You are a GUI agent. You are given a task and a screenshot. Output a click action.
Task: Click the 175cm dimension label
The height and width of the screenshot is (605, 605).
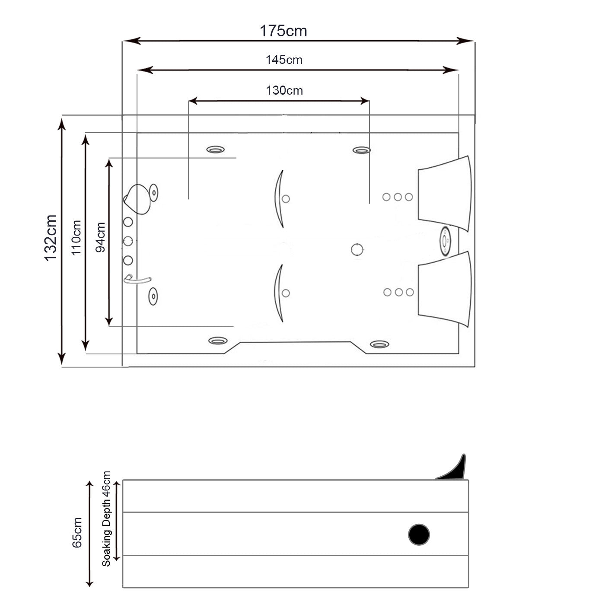tap(283, 31)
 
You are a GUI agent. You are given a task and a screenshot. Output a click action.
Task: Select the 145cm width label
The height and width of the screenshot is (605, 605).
tap(284, 60)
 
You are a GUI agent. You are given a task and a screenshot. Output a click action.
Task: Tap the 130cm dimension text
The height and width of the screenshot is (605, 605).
tap(284, 90)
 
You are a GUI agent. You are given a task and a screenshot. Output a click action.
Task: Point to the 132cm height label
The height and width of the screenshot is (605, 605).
tap(51, 237)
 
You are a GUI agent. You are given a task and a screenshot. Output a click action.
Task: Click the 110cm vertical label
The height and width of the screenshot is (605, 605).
tap(76, 237)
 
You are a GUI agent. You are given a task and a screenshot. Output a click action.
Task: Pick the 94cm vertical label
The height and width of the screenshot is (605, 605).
tap(100, 237)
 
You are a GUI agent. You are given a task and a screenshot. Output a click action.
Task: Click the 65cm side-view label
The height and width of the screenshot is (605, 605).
tap(77, 532)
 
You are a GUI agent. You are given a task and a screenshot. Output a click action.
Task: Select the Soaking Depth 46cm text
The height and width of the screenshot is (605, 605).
tap(106, 519)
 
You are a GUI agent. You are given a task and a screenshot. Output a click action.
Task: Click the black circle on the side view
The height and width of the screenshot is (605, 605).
tap(419, 534)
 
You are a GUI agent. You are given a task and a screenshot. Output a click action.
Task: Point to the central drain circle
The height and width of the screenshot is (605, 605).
tap(357, 249)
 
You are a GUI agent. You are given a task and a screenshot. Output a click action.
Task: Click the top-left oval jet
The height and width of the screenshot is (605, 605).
tap(215, 150)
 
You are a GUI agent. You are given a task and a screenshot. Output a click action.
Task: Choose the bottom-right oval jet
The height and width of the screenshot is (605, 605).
tap(379, 344)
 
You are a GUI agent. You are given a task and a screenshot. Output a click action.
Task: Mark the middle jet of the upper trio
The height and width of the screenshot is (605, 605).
tap(398, 197)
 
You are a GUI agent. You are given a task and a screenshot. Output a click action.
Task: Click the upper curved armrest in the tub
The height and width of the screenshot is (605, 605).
tap(279, 199)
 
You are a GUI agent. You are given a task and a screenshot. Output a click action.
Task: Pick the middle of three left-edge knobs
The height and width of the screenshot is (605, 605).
tap(128, 241)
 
